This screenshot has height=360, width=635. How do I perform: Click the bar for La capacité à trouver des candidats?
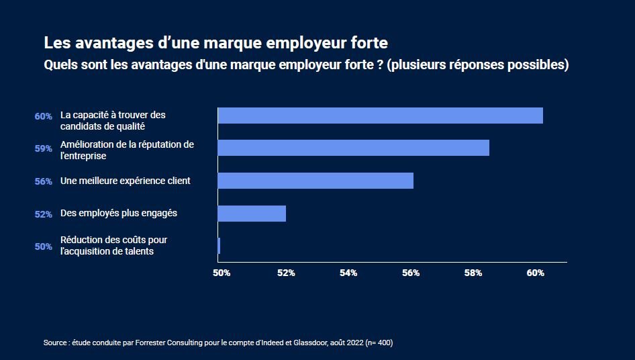[380, 116]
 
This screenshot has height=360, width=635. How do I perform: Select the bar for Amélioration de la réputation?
[353, 148]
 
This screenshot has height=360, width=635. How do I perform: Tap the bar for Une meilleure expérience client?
[315, 181]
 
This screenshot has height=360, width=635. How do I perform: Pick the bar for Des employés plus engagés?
[252, 214]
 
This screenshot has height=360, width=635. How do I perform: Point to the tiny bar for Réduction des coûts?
[219, 246]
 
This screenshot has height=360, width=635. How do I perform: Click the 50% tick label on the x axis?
[222, 273]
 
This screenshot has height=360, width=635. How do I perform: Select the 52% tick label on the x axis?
[286, 273]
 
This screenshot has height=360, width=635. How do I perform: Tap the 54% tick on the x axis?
[348, 273]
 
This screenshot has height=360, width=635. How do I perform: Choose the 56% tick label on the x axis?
[411, 273]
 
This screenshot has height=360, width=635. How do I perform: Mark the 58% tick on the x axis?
[473, 273]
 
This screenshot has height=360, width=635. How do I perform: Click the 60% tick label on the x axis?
[535, 273]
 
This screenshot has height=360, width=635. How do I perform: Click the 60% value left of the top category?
[44, 116]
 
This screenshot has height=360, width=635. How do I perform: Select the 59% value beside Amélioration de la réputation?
[44, 149]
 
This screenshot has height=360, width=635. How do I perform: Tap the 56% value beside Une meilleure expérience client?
[44, 181]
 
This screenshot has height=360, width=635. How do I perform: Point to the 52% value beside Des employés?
[44, 214]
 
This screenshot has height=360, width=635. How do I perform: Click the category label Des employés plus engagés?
[119, 213]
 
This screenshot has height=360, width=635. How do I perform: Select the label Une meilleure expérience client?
[126, 181]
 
